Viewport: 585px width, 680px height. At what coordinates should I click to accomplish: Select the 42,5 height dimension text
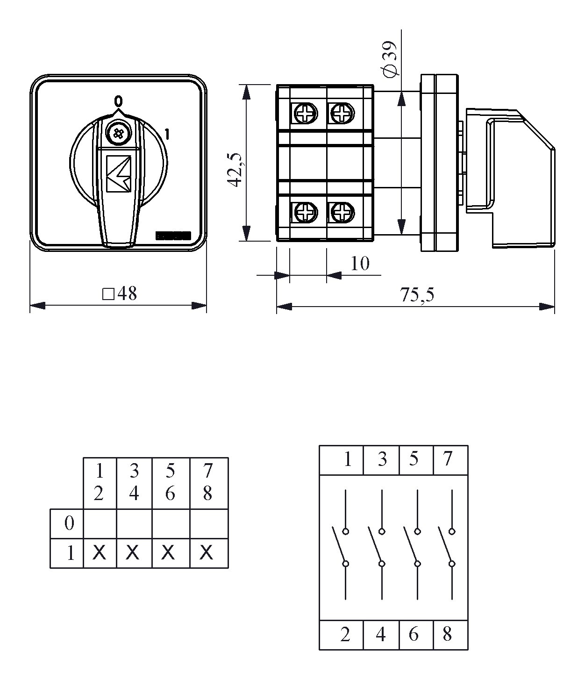tap(236, 170)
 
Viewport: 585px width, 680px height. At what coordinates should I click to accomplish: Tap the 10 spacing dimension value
tap(360, 263)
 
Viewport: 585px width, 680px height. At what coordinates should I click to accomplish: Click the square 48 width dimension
tap(119, 293)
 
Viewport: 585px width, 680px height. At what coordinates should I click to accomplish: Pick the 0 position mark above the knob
tap(118, 101)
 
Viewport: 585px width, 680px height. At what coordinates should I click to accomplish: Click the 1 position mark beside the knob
tap(167, 135)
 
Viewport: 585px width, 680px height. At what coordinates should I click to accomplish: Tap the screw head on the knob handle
tap(118, 134)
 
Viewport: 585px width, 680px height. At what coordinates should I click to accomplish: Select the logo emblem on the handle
tap(119, 173)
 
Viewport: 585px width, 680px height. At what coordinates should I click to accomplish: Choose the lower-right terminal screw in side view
tap(342, 213)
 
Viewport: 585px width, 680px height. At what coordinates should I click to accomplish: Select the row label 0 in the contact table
tap(69, 523)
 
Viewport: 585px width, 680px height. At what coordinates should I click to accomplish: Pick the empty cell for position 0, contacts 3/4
tap(134, 524)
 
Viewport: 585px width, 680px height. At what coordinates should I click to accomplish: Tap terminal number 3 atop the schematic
tap(382, 459)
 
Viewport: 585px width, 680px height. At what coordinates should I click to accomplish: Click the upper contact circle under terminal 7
tap(452, 531)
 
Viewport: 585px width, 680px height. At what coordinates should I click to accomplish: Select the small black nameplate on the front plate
tap(173, 236)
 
